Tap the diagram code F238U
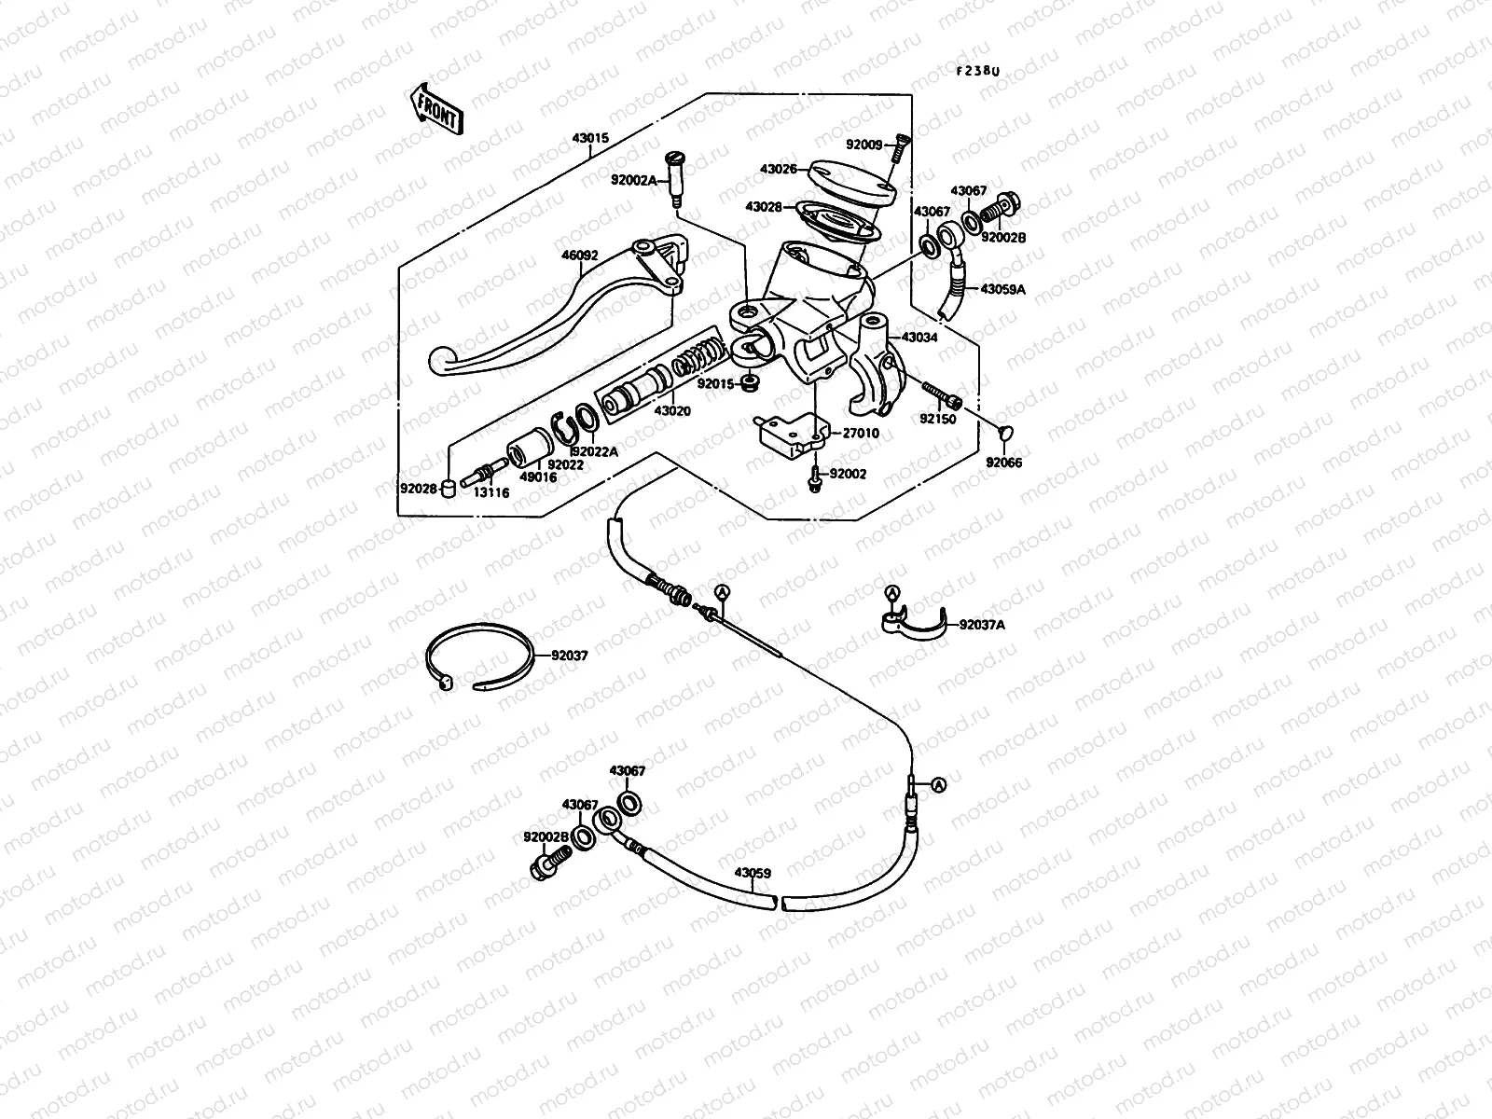point(977,71)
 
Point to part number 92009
point(863,145)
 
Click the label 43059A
point(1002,289)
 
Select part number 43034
point(919,337)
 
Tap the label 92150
point(938,420)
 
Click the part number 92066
point(1003,463)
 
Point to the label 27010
point(861,434)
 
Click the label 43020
point(671,410)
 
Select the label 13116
point(490,493)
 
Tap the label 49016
point(538,477)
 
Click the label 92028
point(419,488)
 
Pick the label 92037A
point(982,625)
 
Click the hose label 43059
point(752,874)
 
